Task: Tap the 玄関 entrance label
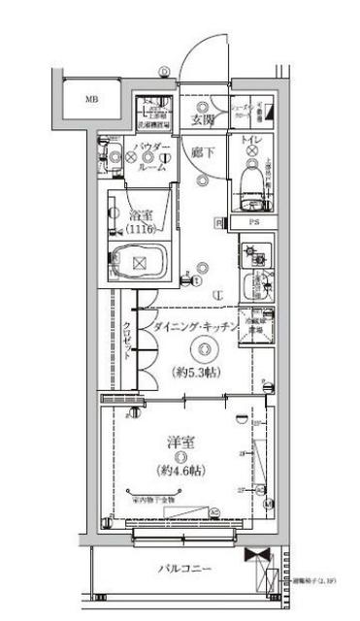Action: coord(202,119)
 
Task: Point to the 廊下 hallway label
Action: coord(202,153)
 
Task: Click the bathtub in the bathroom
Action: coord(139,262)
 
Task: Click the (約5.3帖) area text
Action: coord(202,370)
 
